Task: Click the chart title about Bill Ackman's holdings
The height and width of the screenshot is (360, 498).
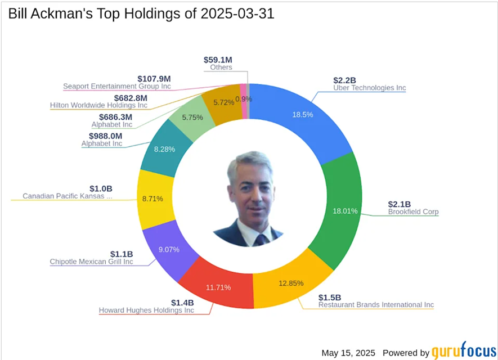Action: pyautogui.click(x=141, y=14)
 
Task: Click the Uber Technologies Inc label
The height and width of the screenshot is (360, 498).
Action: pyautogui.click(x=369, y=88)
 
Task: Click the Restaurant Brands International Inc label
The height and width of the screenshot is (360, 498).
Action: pyautogui.click(x=376, y=305)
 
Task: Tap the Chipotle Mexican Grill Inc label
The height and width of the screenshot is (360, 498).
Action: pyautogui.click(x=91, y=262)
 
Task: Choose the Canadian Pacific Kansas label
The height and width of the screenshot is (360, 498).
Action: pyautogui.click(x=67, y=196)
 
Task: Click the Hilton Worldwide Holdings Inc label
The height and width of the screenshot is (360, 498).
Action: pyautogui.click(x=98, y=105)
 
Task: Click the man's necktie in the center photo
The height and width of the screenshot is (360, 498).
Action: pyautogui.click(x=260, y=240)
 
